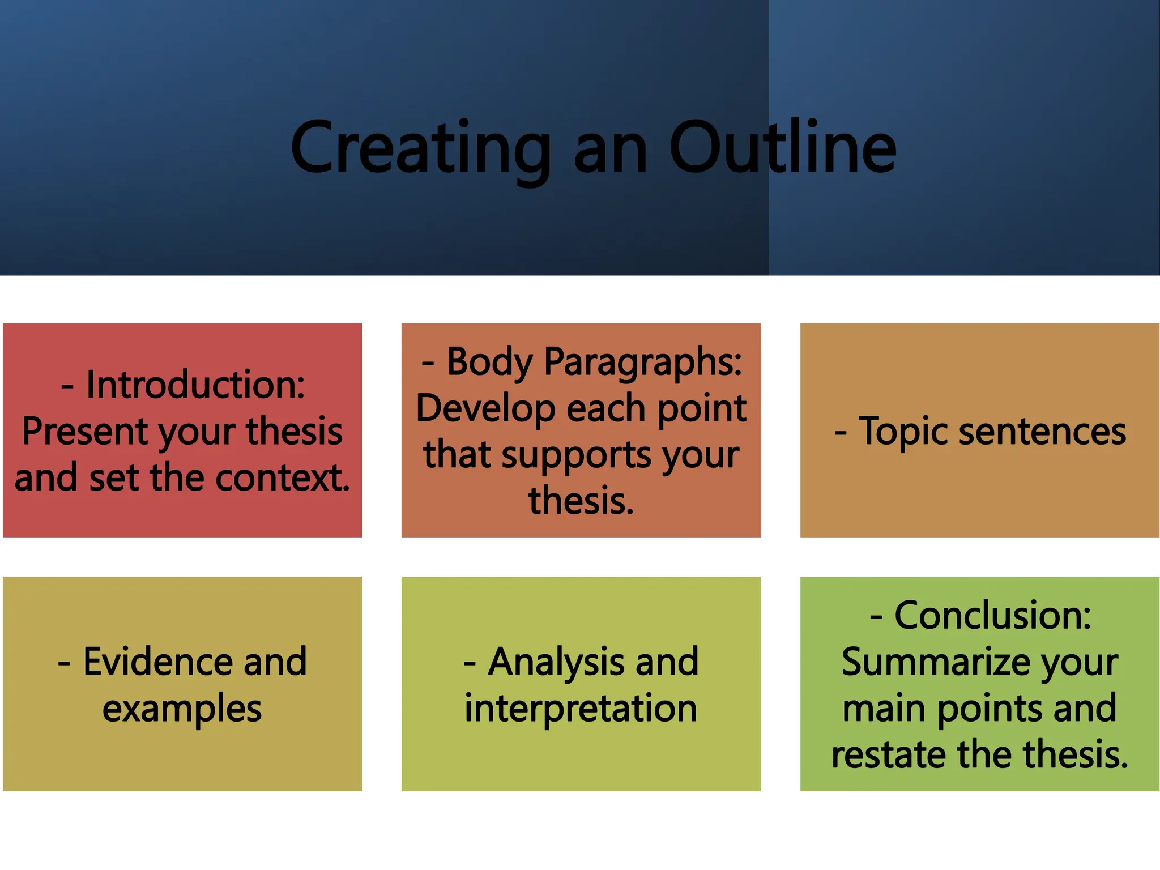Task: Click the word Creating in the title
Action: tap(420, 148)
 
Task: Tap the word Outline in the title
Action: tap(783, 148)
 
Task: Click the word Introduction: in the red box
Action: tap(195, 385)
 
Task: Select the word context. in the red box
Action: tap(283, 477)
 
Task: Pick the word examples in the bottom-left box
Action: tap(182, 709)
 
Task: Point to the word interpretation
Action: tap(581, 708)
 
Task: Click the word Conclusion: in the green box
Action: tap(992, 616)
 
